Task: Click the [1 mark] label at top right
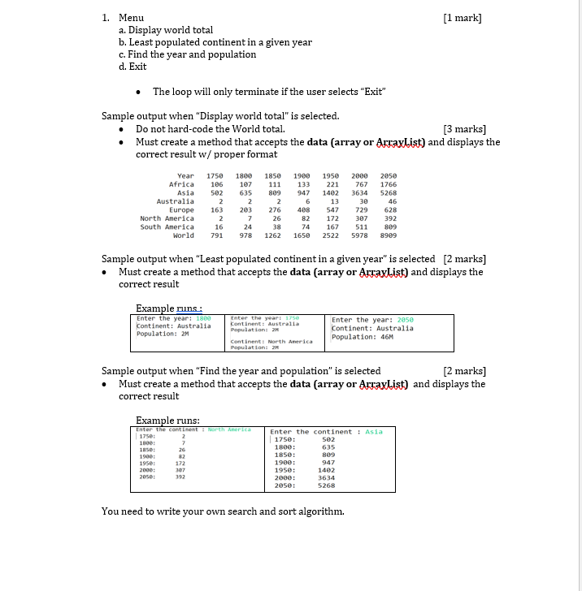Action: click(x=463, y=18)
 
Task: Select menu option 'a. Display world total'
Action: click(x=166, y=30)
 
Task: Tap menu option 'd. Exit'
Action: click(x=132, y=67)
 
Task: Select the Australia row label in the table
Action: click(x=175, y=201)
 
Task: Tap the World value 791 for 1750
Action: click(x=216, y=235)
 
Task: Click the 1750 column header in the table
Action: click(x=215, y=176)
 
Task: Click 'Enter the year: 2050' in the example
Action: click(x=371, y=320)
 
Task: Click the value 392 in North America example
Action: click(x=183, y=477)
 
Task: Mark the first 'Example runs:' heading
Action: click(x=166, y=307)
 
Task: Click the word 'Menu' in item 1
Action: click(x=131, y=18)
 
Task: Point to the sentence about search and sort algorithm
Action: click(x=223, y=511)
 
